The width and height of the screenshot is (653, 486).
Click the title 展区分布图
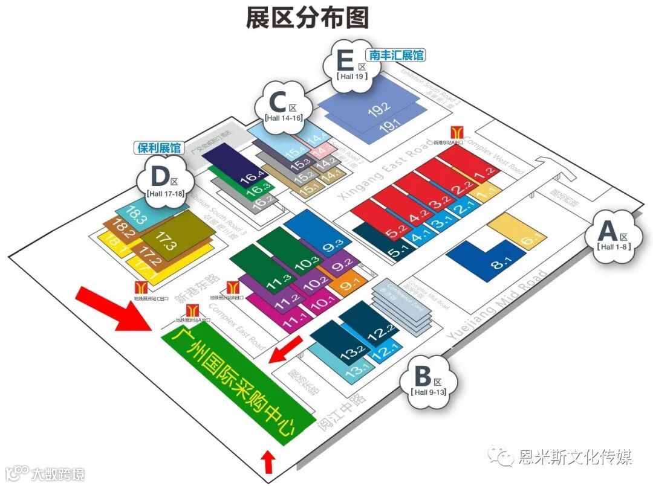pos(307,18)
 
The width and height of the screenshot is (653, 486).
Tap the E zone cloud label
pos(351,65)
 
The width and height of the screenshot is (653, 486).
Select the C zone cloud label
pos(283,106)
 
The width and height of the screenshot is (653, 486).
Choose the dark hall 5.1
pos(377,241)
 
